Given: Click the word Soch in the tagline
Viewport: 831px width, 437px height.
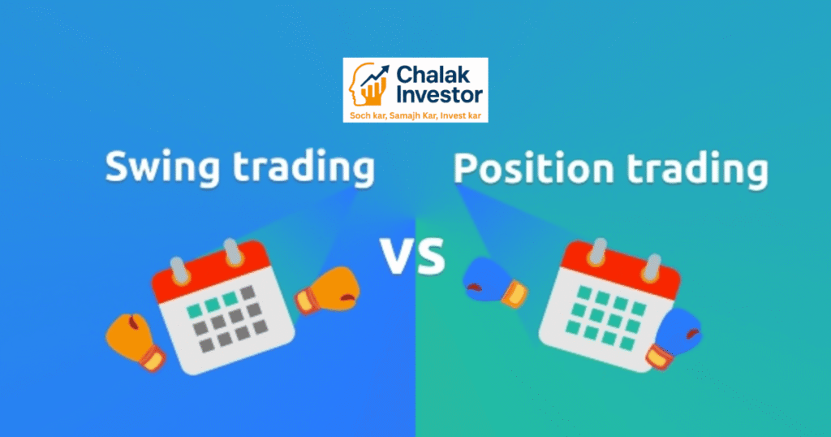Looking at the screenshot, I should tap(359, 115).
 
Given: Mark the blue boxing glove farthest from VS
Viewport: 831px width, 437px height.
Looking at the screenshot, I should tap(673, 340).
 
